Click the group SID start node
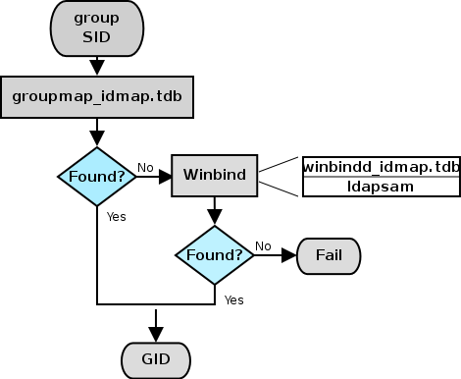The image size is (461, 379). (97, 28)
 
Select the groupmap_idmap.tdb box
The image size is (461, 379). (97, 96)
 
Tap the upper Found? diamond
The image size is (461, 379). (97, 177)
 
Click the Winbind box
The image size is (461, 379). (215, 177)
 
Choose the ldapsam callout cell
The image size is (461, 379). (381, 186)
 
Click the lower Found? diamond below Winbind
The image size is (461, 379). (215, 255)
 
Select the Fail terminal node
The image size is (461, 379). (328, 255)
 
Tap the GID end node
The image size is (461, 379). (156, 359)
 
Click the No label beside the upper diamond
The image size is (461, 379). (144, 167)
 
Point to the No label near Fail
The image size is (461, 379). (263, 245)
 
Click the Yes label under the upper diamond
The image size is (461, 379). (116, 216)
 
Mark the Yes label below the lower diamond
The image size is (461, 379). (233, 298)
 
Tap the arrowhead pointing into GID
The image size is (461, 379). (156, 334)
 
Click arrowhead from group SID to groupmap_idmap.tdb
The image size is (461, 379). (97, 68)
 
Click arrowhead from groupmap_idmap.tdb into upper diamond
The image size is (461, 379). (97, 137)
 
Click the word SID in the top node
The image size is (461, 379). (97, 39)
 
